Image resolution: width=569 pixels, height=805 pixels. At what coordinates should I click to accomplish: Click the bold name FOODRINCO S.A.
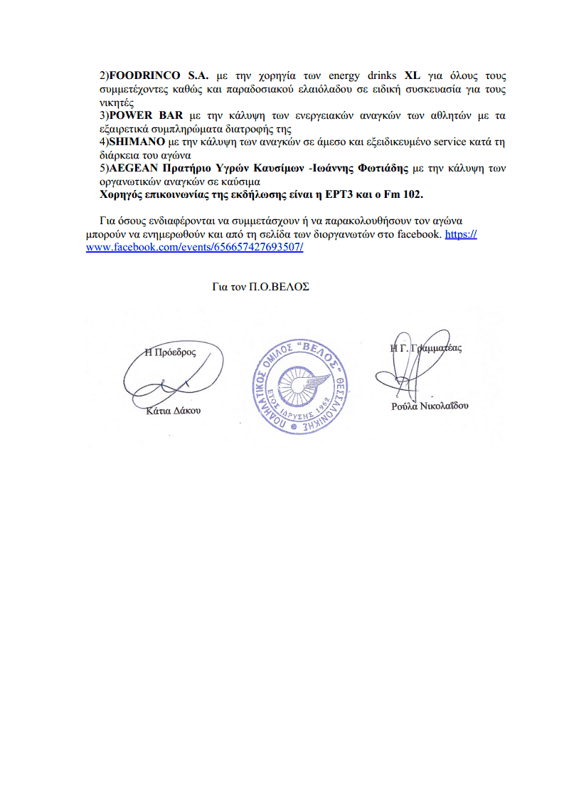(158, 75)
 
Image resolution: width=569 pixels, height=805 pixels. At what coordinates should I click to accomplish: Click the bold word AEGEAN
(133, 168)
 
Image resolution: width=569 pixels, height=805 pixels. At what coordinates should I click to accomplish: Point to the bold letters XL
(413, 75)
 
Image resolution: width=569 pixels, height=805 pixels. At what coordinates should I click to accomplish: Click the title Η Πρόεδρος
(170, 352)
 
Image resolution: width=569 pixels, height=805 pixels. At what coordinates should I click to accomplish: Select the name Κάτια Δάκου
(173, 411)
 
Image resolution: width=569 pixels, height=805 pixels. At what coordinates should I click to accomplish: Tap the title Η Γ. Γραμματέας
(426, 349)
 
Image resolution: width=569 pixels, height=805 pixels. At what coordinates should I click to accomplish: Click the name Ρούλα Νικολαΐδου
(430, 406)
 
